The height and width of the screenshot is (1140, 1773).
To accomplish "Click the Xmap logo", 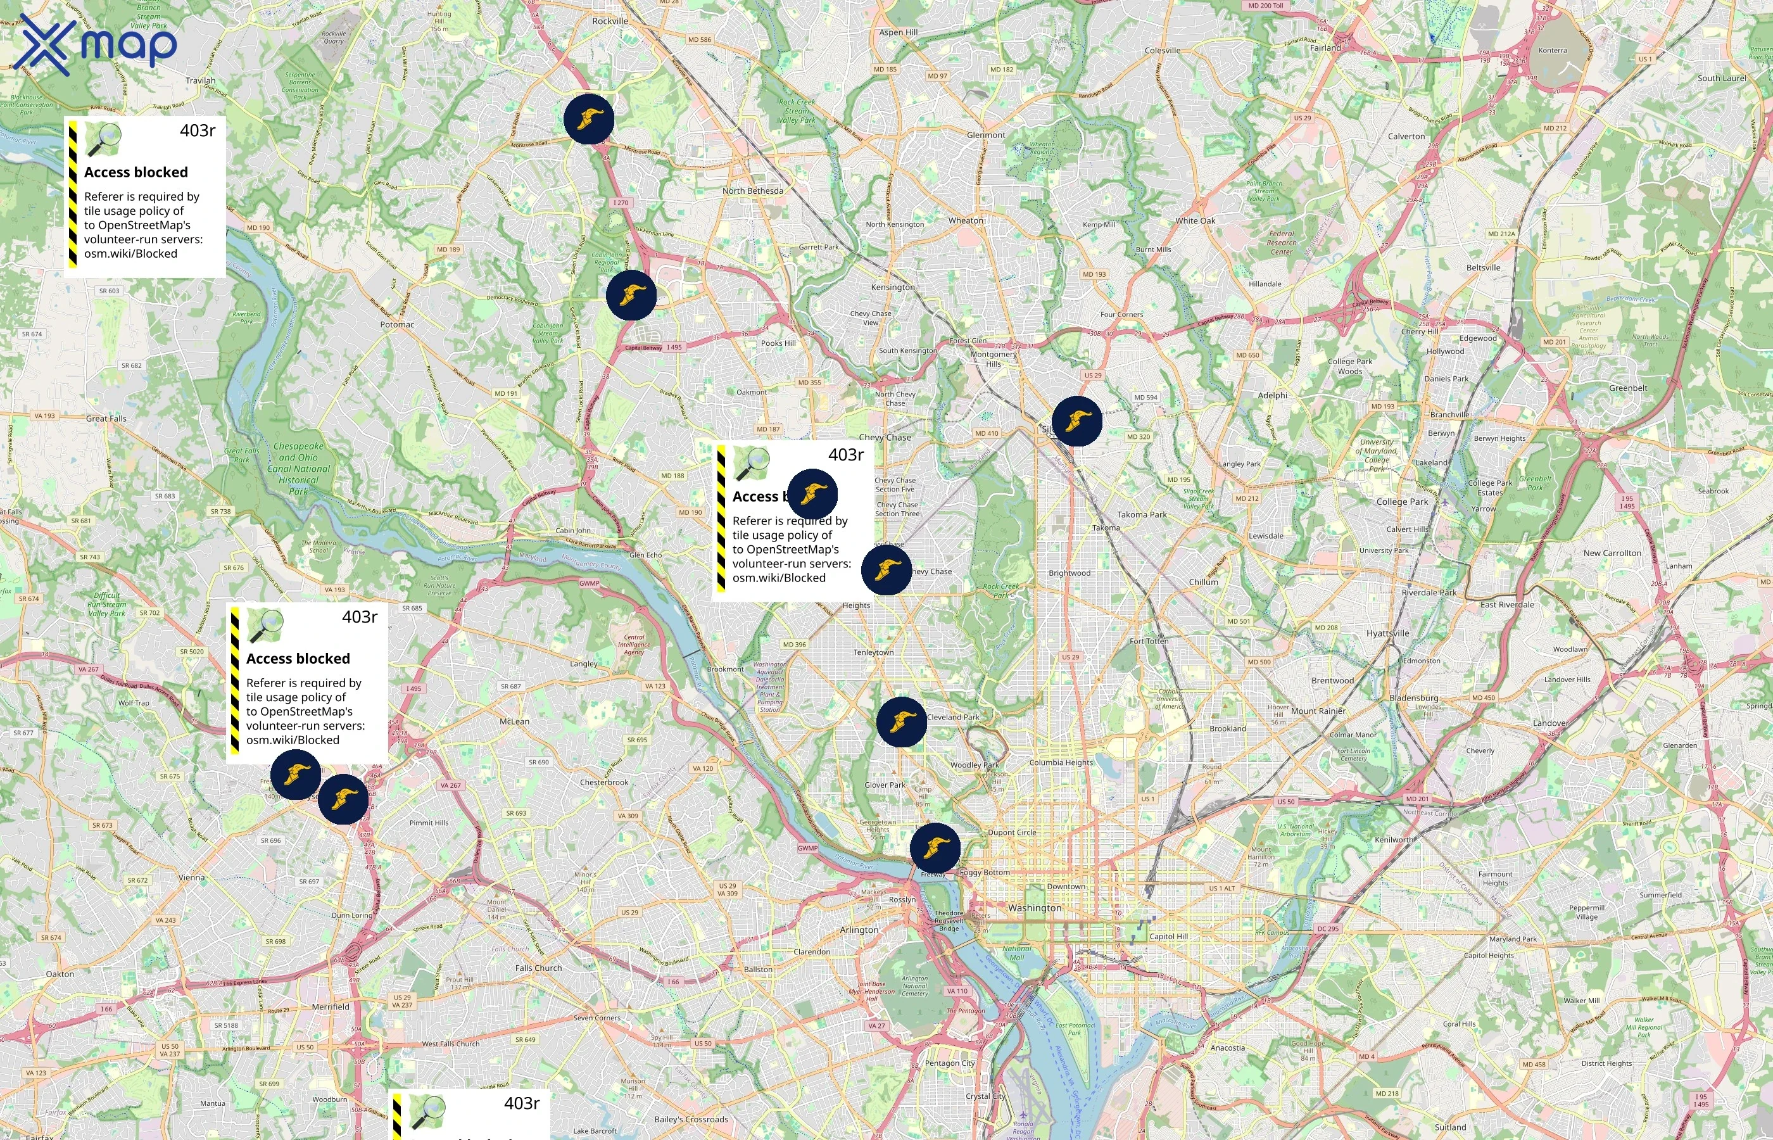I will point(95,44).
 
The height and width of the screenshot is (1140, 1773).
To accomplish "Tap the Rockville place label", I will point(610,22).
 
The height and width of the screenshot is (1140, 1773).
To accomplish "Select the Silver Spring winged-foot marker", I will point(1076,421).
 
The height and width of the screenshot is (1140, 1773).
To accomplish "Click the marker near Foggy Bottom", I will point(935,847).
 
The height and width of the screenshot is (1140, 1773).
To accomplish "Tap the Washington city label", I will point(1034,908).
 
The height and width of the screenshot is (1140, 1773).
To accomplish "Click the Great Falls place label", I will point(106,418).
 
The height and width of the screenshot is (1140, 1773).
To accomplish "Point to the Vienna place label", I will point(191,877).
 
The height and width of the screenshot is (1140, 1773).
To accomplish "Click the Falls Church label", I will point(538,968).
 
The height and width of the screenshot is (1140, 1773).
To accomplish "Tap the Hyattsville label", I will point(1387,634).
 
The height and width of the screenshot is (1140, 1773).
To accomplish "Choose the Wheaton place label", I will point(966,220).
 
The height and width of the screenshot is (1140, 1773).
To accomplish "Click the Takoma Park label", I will point(1142,514).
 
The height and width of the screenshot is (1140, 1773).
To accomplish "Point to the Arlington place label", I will point(859,930).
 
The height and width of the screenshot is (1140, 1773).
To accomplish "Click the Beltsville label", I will point(1483,268).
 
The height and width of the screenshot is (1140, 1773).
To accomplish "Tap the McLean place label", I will point(514,721).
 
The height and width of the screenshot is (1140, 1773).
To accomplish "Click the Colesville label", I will point(1163,50).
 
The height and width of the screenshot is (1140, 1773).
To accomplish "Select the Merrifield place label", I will point(330,1007).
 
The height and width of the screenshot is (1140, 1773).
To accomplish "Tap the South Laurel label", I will point(1721,79).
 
